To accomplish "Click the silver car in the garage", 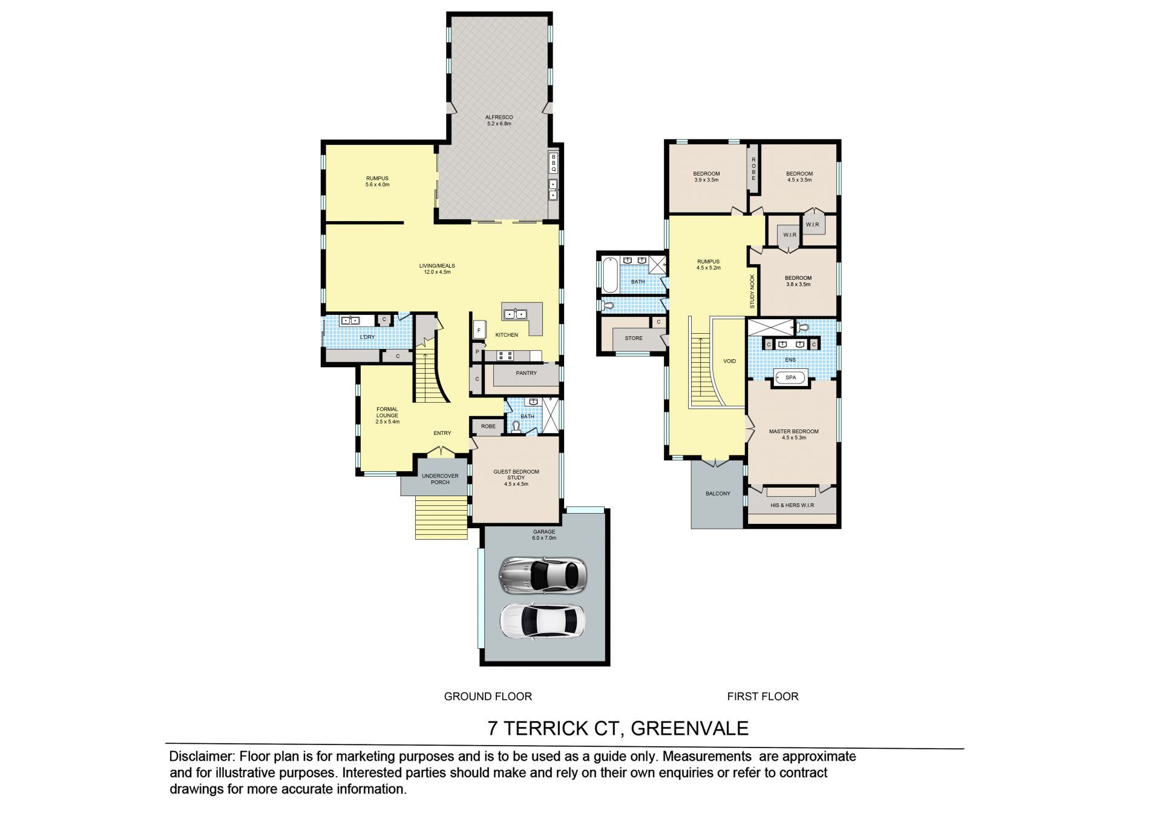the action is coord(542,575).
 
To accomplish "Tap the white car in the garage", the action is coord(542,620).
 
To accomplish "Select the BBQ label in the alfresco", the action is coord(553,163).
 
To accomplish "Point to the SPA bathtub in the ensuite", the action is coord(790,378).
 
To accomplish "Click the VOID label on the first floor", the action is coord(729,362).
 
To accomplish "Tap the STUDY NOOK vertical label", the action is coord(753,291).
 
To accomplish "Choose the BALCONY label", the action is coord(718,494).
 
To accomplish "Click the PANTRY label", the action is coord(526,373).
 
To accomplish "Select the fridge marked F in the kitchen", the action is coord(479,330).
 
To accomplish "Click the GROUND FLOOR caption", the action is coord(488,697).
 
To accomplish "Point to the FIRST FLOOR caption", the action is coord(763,697).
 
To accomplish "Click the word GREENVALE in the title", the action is coord(690,728).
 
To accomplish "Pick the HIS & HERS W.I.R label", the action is coord(792,505).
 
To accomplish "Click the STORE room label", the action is coord(634,338).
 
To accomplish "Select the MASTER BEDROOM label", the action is coord(793,432).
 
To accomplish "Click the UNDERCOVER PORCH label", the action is coord(440,479).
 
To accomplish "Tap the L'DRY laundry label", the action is coord(367,337).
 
